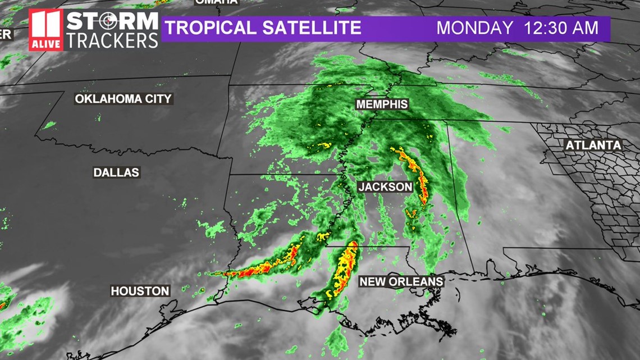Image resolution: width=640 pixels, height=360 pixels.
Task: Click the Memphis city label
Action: tap(382, 104)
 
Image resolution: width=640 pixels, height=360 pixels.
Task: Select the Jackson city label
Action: tap(386, 186)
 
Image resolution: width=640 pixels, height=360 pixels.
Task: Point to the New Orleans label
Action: tap(401, 281)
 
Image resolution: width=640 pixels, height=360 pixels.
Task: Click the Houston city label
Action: tap(140, 291)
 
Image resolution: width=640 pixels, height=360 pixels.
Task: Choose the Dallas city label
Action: tap(116, 173)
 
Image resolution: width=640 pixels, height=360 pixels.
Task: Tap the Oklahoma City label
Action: tap(124, 99)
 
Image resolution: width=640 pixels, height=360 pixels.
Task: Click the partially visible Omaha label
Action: tap(216, 2)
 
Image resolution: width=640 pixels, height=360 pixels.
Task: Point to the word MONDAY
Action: tap(474, 28)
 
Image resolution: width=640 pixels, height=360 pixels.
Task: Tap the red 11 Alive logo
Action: tap(46, 30)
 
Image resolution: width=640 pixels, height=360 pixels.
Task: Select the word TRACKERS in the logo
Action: tap(112, 40)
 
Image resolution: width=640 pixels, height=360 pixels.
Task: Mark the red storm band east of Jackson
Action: tap(418, 177)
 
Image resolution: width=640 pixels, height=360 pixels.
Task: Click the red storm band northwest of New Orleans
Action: tap(344, 270)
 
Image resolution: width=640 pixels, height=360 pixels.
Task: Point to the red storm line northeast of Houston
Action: tap(264, 266)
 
